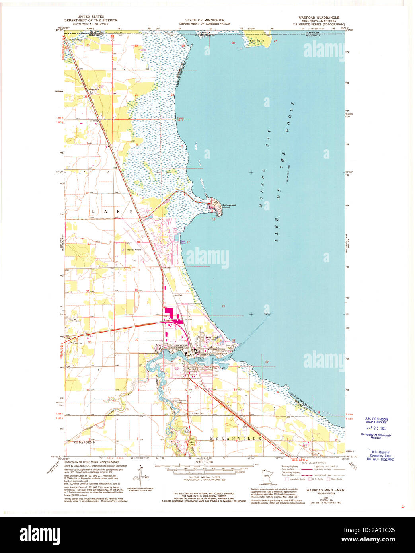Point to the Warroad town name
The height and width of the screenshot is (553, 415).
(x=211, y=337)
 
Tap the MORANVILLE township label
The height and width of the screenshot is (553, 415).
(x=236, y=438)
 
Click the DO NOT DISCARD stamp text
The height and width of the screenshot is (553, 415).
(x=380, y=459)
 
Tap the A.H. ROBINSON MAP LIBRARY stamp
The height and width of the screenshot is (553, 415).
(x=376, y=421)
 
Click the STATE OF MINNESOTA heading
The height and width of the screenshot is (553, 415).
(x=204, y=20)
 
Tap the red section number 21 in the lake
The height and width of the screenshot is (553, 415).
(x=224, y=306)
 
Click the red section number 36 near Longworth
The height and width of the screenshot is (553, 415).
(x=86, y=97)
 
